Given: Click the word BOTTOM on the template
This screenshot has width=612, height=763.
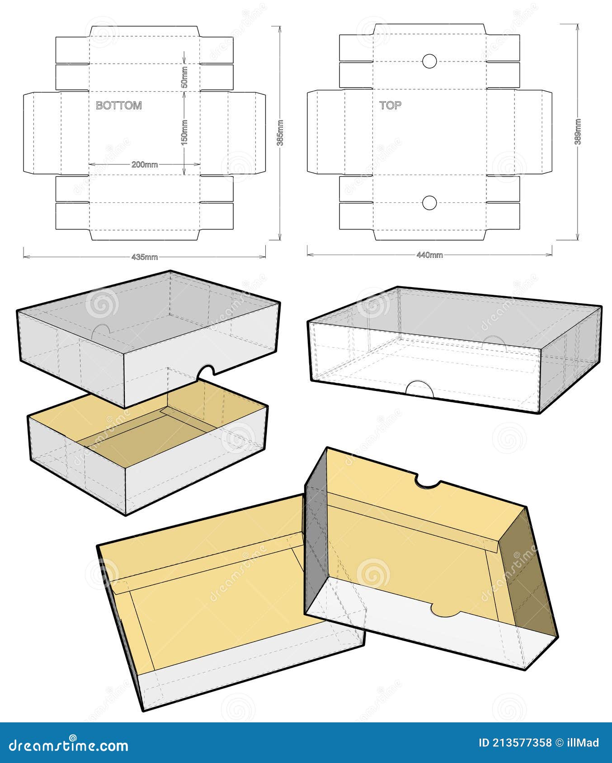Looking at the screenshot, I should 119,105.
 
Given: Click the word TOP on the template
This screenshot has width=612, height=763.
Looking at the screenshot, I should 390,105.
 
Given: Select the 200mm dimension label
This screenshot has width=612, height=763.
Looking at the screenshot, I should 145,164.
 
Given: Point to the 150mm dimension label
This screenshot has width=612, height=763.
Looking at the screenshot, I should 184,131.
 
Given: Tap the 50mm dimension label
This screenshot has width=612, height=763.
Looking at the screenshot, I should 184,77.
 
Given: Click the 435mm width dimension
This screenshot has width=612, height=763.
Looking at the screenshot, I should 145,257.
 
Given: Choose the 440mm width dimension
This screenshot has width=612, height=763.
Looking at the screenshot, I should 429,255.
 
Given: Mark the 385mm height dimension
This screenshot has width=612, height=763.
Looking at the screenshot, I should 280,133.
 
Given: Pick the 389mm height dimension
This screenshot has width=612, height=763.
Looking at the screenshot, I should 578,131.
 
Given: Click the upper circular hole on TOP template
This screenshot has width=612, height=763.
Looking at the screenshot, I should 429,61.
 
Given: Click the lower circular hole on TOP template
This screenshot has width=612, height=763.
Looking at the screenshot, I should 429,203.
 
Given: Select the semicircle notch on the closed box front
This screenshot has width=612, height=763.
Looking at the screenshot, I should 419,390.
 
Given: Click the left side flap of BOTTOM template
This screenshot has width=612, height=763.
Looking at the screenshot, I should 42,133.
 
